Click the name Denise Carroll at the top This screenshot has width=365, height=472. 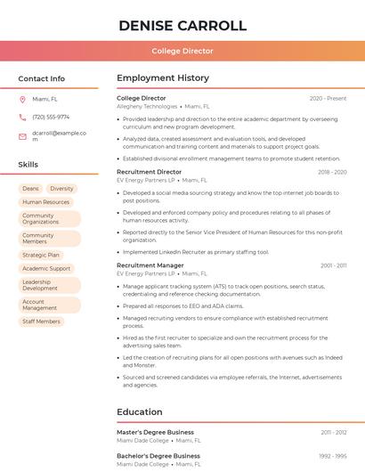point(182,25)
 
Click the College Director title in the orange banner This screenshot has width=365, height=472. point(182,51)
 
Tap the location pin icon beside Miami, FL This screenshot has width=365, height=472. point(22,99)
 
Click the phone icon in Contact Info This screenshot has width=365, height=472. point(22,117)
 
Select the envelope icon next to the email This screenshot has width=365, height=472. point(22,136)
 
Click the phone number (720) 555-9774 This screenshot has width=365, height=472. point(51,117)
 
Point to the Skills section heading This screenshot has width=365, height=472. point(28,165)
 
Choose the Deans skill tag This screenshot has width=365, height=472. point(30,189)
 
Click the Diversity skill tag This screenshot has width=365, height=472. point(61,189)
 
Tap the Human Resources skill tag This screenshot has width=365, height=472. point(45,202)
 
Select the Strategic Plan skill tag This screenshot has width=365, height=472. point(41,255)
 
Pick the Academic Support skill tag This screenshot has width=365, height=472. point(46,268)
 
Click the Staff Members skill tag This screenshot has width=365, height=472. point(41,321)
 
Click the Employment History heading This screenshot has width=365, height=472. point(163,78)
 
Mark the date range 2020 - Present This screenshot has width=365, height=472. point(328,98)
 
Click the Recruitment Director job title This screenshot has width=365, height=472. point(149,172)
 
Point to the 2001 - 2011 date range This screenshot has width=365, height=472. point(334,265)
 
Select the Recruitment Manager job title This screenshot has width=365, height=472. point(150,265)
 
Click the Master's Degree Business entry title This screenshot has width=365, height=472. point(155,432)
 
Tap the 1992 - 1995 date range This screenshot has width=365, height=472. point(334,456)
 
